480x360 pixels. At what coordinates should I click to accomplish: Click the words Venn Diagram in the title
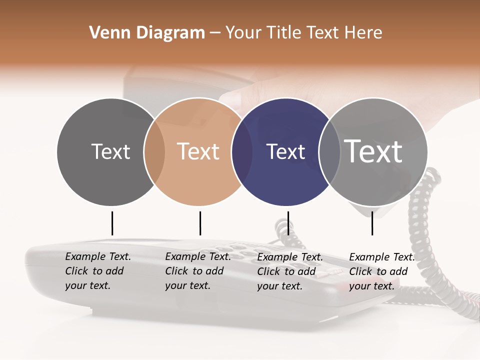[x=147, y=33]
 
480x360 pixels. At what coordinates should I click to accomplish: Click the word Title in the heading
[x=285, y=33]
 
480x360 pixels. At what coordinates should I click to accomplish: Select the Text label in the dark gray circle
[x=110, y=151]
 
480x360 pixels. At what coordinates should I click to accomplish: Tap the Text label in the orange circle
[x=198, y=151]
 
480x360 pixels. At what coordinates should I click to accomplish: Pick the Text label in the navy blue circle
[x=285, y=151]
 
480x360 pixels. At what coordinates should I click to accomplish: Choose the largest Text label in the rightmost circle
[x=373, y=151]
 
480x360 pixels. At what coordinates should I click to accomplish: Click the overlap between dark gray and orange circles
[x=154, y=152]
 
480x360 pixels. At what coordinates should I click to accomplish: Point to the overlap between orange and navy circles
[x=242, y=152]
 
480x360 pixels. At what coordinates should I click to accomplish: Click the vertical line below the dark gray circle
[x=112, y=223]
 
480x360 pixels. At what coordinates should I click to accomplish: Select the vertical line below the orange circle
[x=200, y=223]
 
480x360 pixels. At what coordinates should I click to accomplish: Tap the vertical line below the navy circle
[x=288, y=223]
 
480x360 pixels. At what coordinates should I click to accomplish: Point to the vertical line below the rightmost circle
[x=372, y=223]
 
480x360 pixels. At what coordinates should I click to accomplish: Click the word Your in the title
[x=243, y=33]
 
